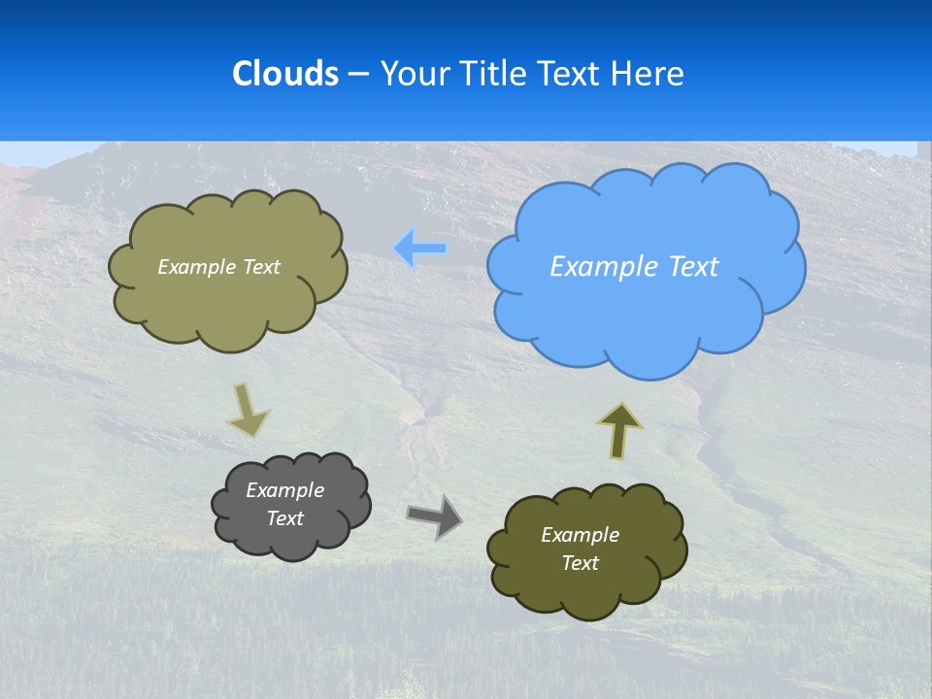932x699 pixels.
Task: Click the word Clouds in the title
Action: [285, 74]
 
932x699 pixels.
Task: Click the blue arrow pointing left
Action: [420, 249]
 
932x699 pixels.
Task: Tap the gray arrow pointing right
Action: [435, 516]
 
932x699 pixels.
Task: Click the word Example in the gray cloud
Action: [284, 490]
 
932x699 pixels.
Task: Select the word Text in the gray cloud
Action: [284, 518]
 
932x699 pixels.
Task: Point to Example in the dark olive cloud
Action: [580, 535]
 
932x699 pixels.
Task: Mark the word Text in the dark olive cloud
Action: [580, 563]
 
